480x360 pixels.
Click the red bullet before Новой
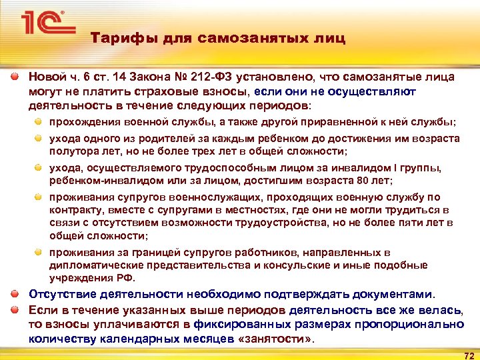coord(15,77)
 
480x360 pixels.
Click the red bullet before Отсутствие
coord(15,294)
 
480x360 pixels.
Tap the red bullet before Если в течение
coord(15,309)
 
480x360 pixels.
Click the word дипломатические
coord(93,265)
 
